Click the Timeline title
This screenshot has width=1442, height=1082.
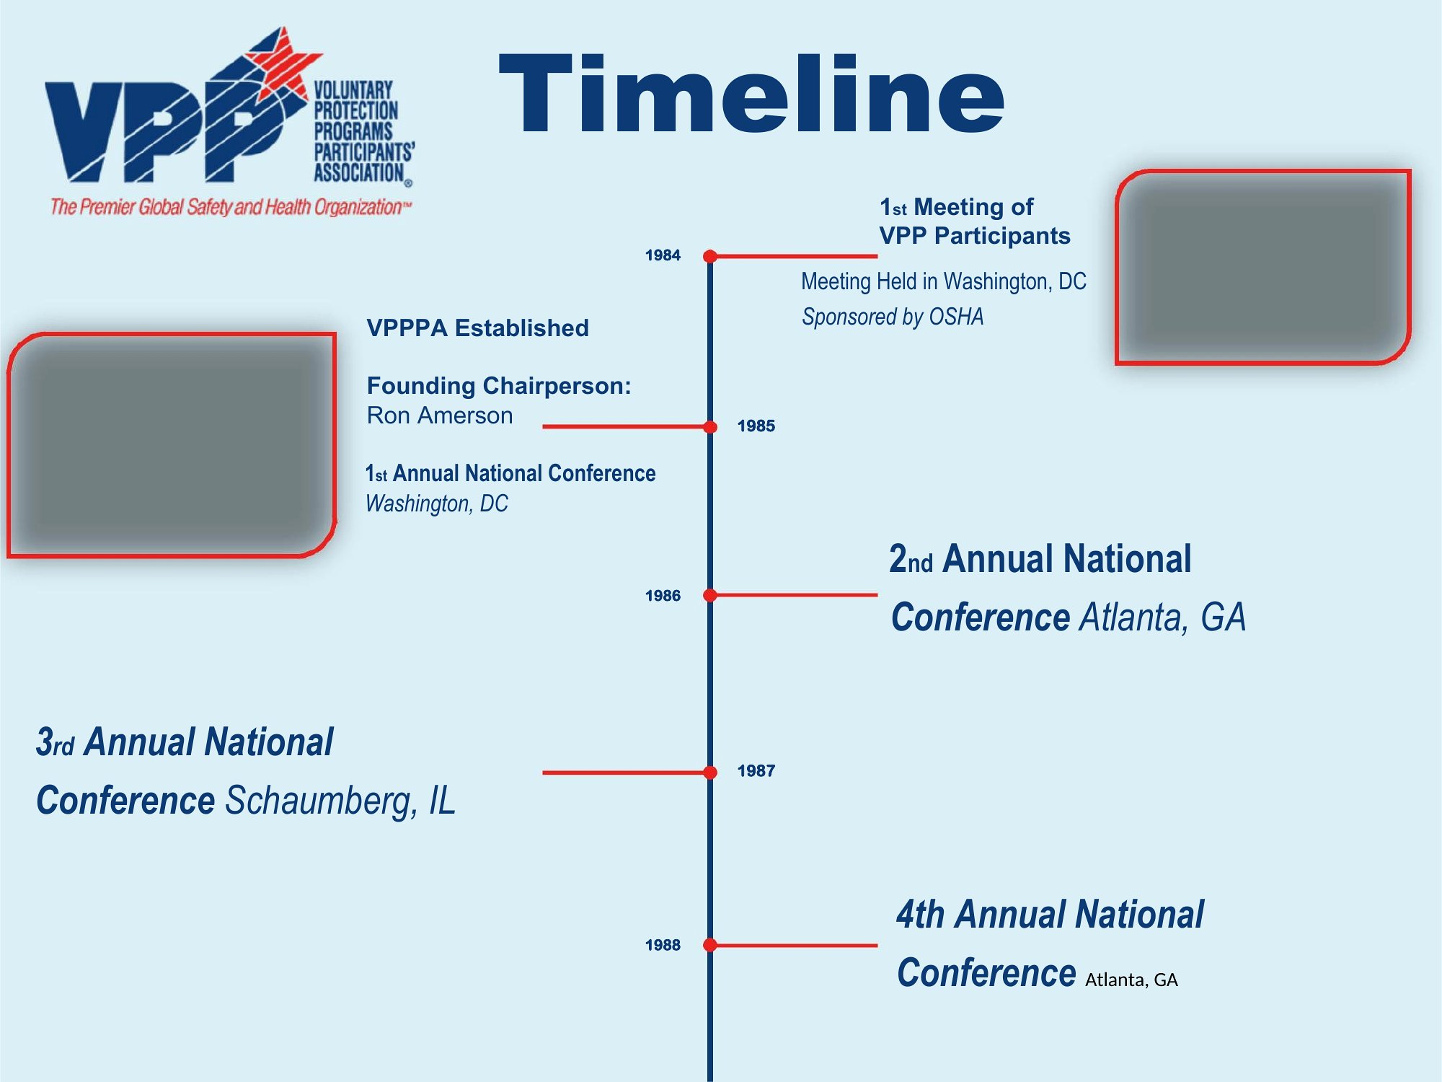[x=751, y=94]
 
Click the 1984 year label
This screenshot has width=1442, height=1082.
[x=663, y=255]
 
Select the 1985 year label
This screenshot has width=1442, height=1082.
[x=756, y=426]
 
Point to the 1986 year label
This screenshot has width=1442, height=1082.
[x=663, y=596]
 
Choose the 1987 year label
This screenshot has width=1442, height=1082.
[x=756, y=771]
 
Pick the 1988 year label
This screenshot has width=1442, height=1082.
[x=663, y=945]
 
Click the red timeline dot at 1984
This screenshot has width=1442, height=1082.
[x=710, y=256]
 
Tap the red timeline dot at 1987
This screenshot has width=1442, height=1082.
[x=710, y=773]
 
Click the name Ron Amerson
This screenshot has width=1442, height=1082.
[x=440, y=415]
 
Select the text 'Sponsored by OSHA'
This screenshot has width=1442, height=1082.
[x=893, y=317]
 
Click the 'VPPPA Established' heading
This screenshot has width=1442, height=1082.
[x=477, y=328]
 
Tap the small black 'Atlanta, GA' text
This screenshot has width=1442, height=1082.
[x=1131, y=980]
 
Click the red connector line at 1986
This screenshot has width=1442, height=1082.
[x=794, y=595]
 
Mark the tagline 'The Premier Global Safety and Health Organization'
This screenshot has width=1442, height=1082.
[x=231, y=207]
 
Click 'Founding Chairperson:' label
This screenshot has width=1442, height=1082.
[x=499, y=386]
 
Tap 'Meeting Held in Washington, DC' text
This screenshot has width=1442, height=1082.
[x=944, y=281]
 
